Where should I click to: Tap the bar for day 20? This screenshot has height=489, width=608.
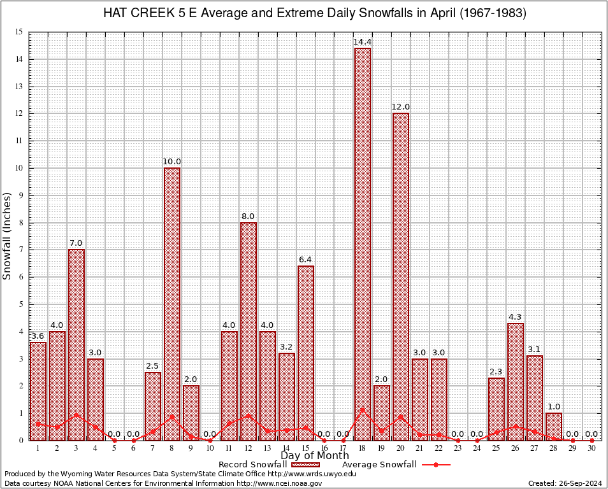401,276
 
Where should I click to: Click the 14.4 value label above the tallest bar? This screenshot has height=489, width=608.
363,42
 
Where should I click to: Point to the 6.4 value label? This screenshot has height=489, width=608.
305,260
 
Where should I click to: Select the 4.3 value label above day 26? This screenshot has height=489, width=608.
516,317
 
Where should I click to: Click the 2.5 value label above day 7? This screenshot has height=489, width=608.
153,366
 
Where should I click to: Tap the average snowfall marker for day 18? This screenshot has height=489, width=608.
363,409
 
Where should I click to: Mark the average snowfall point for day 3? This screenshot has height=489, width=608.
76,415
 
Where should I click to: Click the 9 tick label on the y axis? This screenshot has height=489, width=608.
20,195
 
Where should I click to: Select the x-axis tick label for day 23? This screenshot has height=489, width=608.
458,448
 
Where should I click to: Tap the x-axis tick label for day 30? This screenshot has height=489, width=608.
591,448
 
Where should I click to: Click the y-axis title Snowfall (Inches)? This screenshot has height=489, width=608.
8,236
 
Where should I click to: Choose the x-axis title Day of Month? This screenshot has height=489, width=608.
314,456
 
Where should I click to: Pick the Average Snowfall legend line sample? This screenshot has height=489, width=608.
435,465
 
